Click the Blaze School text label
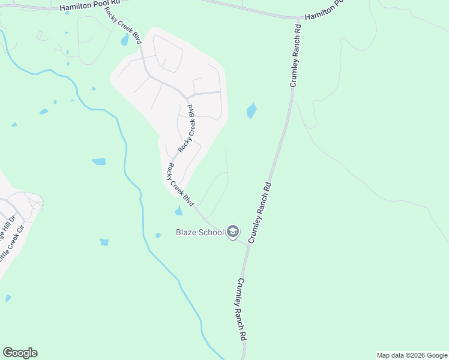199,232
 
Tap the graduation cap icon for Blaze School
233,232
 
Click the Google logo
20,353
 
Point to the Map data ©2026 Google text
411,355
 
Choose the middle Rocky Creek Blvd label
187,128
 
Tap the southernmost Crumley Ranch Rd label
241,310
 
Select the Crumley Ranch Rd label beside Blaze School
261,212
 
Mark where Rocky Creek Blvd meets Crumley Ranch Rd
247,244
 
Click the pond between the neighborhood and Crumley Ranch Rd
251,110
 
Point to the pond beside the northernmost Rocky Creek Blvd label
124,40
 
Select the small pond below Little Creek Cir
8,298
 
